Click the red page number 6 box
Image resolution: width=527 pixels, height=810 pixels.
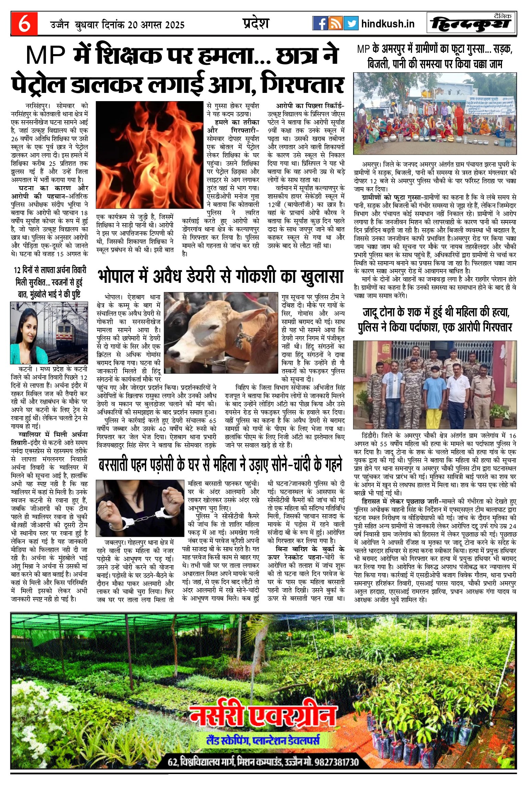click(24, 24)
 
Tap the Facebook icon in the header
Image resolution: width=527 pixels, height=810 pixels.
click(320, 23)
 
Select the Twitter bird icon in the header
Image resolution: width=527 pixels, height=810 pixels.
click(351, 23)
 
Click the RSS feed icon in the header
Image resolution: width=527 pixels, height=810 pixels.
click(335, 23)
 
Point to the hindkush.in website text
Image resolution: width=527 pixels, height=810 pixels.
click(388, 24)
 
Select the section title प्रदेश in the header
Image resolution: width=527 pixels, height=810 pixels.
click(256, 23)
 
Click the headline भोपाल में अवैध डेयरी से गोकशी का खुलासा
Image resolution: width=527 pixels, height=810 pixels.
click(220, 277)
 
